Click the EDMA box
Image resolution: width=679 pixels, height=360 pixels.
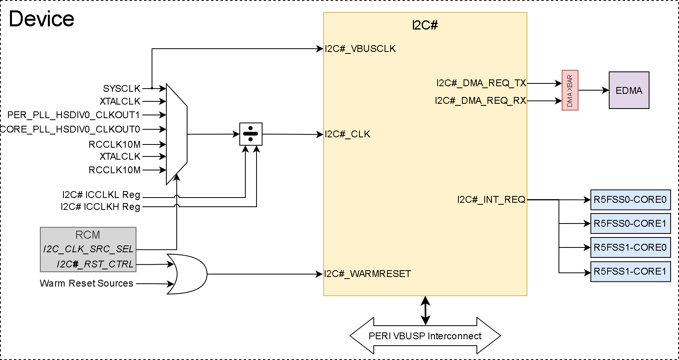click(x=629, y=90)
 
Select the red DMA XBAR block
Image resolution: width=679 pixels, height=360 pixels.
click(x=570, y=91)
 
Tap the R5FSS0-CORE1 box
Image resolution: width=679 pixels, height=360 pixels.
click(x=630, y=224)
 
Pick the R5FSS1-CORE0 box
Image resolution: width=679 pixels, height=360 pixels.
click(x=630, y=247)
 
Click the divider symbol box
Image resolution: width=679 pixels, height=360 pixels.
click(x=251, y=134)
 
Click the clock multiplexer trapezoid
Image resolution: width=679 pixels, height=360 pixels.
click(x=176, y=135)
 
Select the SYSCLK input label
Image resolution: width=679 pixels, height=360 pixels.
click(x=122, y=89)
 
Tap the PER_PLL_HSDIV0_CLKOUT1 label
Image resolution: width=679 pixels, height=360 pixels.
click(x=74, y=115)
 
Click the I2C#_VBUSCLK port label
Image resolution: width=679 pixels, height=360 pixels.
click(x=360, y=49)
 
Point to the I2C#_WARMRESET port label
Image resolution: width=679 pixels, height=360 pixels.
click(x=367, y=274)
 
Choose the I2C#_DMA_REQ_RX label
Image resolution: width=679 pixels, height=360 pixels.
click(x=480, y=101)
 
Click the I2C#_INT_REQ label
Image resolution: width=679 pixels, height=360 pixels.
click(x=491, y=200)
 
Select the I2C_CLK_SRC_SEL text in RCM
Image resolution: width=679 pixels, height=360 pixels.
click(x=88, y=249)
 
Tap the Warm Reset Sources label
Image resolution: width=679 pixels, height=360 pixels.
click(x=87, y=283)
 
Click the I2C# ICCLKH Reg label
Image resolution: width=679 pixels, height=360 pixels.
click(x=101, y=207)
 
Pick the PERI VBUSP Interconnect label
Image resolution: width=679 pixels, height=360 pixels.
click(x=425, y=336)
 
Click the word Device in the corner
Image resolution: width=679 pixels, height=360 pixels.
click(x=41, y=19)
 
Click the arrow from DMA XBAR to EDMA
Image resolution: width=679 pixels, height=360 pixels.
click(x=593, y=90)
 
